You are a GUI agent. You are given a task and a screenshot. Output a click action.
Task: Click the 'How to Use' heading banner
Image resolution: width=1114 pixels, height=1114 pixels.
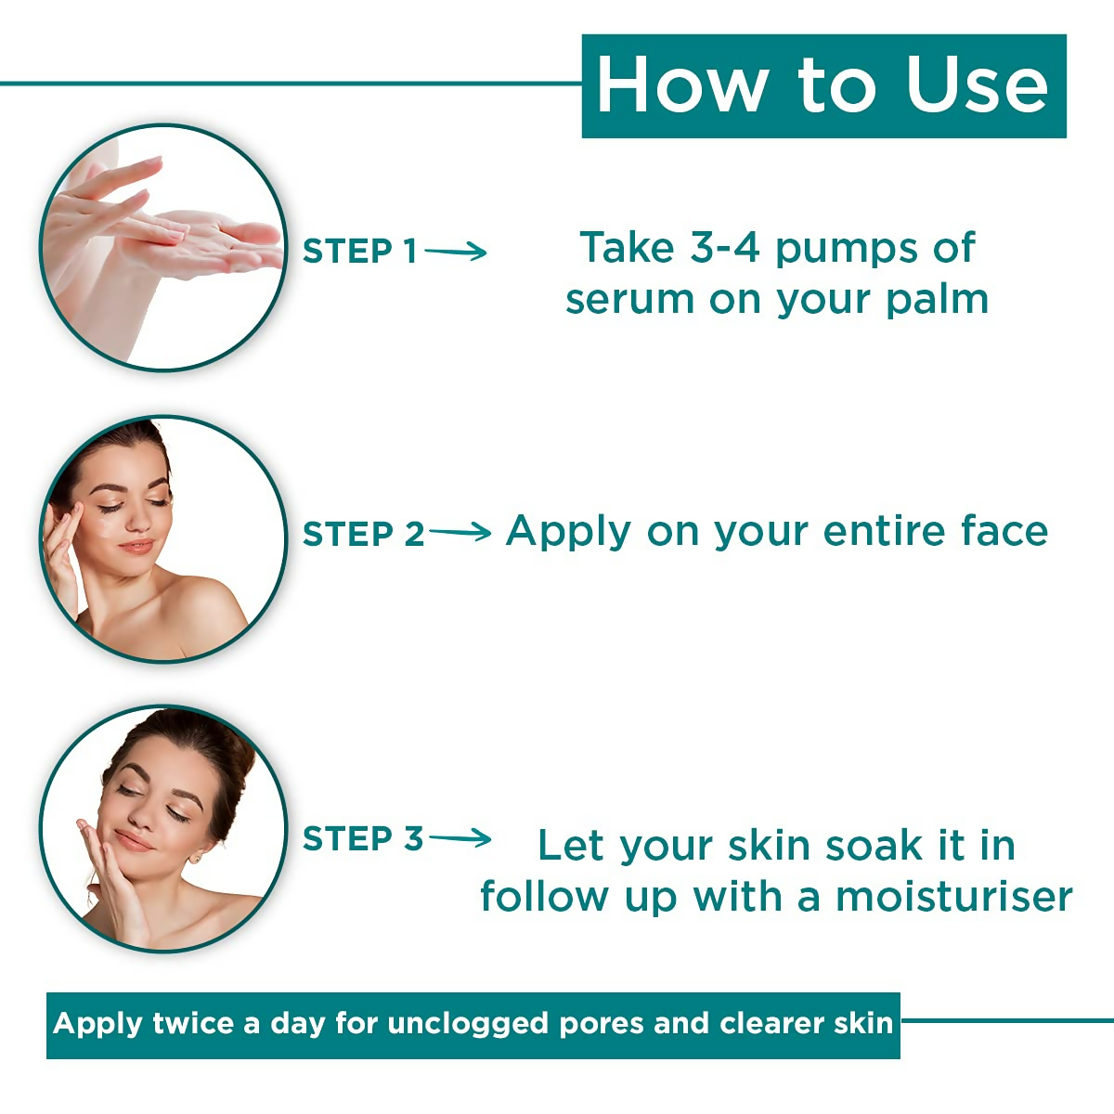point(823,86)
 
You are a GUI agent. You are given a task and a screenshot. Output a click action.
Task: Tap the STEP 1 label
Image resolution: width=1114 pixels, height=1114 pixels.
point(360,251)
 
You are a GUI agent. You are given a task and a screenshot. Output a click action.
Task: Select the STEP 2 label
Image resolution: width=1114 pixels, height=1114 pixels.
point(363,534)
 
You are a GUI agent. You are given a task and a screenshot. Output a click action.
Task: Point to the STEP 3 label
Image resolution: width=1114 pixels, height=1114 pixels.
point(363,838)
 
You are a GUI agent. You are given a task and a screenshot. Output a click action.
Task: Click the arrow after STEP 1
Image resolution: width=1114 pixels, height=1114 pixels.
point(457,251)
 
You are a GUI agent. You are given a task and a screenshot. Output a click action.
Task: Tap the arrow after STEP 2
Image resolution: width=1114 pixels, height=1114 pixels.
point(460,533)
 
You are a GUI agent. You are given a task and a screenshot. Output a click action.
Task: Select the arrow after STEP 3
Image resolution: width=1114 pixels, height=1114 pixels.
point(460,838)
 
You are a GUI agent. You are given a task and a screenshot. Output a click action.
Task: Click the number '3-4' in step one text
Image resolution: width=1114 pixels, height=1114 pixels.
point(725,248)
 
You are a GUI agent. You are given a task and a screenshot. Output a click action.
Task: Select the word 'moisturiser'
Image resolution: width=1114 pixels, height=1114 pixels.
point(953,897)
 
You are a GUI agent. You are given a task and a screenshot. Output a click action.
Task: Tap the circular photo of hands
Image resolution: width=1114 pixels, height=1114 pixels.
point(163,248)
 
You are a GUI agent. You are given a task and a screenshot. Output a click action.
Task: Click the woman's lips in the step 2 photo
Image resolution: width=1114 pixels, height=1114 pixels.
point(136,546)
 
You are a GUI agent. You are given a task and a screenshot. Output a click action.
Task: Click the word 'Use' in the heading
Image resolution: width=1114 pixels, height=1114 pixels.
point(977,86)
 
